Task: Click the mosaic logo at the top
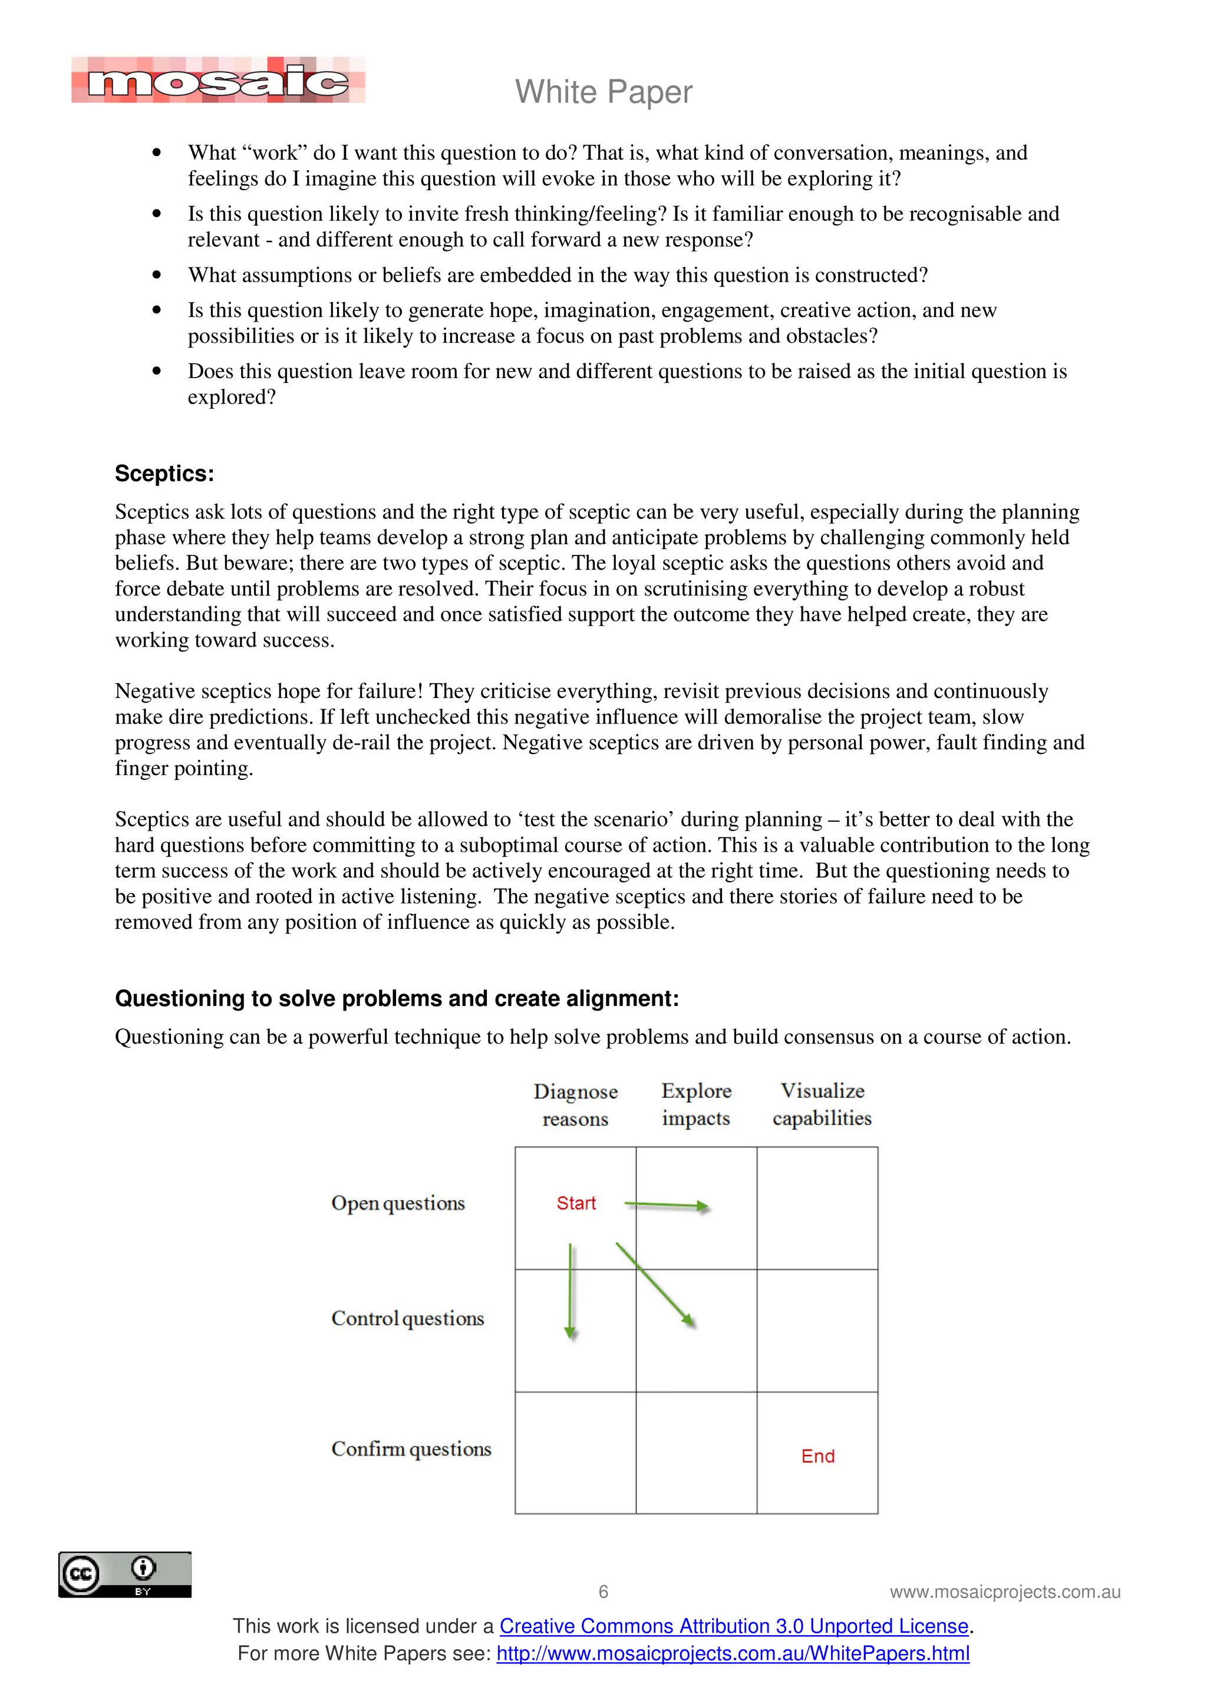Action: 218,80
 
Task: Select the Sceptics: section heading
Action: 164,474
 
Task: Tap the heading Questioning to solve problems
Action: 397,998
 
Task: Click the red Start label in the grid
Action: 576,1203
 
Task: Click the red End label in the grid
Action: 817,1455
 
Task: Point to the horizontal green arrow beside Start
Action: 667,1205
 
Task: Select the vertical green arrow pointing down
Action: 570,1290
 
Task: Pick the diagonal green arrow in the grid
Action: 655,1285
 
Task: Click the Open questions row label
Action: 398,1203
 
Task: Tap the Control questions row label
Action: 407,1318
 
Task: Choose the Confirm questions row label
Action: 411,1448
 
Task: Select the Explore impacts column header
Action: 696,1104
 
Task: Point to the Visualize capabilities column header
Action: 822,1104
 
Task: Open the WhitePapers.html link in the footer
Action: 733,1653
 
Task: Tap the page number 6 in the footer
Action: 603,1592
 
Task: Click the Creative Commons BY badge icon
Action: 125,1574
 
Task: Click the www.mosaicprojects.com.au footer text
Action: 1005,1592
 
